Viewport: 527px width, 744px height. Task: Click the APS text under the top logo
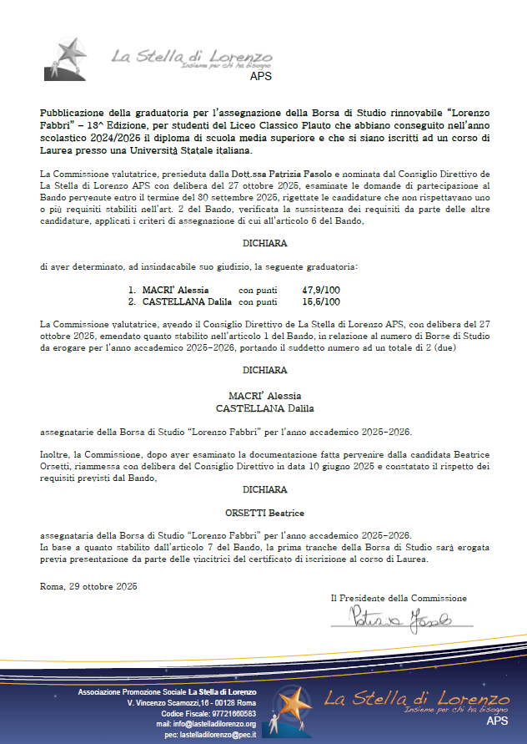[x=260, y=76]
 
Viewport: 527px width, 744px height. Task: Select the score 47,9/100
[x=321, y=289]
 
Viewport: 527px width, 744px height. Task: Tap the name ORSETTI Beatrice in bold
[x=264, y=512]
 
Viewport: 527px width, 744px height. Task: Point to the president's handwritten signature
[x=400, y=618]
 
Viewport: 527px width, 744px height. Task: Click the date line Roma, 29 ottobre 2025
[x=88, y=586]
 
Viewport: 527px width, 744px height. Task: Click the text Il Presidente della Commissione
[x=399, y=598]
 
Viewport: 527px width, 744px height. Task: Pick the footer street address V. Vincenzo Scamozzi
[x=191, y=703]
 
